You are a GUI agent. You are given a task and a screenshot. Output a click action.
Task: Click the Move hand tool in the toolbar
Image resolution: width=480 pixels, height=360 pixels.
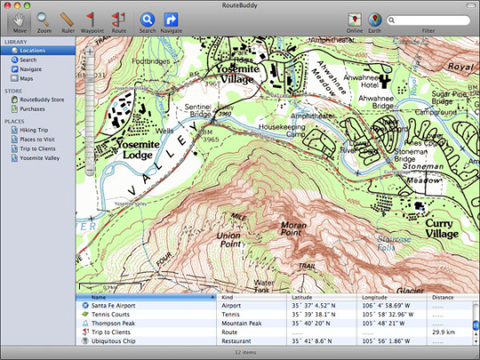pyautogui.click(x=19, y=18)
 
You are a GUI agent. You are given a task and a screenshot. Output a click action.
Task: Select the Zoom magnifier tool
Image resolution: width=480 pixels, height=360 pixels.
pyautogui.click(x=44, y=18)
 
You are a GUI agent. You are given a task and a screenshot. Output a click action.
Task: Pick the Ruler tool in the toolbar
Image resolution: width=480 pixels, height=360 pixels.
pyautogui.click(x=67, y=18)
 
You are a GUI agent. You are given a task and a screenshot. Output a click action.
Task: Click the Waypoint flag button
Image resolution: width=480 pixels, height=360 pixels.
pyautogui.click(x=92, y=18)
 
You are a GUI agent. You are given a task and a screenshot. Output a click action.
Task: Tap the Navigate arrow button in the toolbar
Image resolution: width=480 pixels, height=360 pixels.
pyautogui.click(x=171, y=18)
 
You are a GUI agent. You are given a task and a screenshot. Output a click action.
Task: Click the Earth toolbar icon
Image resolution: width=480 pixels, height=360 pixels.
pyautogui.click(x=376, y=19)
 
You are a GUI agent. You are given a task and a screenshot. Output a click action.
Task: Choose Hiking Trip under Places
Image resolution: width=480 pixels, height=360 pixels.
pyautogui.click(x=35, y=130)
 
